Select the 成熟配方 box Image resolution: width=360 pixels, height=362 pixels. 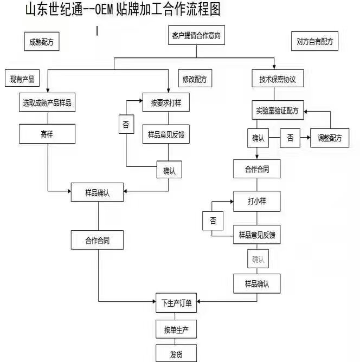point(41,41)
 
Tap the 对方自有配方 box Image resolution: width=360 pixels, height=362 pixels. point(314,41)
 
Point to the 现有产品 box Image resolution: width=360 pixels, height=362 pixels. point(22,79)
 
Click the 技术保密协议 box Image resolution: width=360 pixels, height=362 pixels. point(278,79)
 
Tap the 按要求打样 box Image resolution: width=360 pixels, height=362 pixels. point(165,102)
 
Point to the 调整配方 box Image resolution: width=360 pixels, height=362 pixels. point(330,138)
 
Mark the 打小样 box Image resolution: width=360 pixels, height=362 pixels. point(256,201)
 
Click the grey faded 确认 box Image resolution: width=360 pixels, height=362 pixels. point(258,259)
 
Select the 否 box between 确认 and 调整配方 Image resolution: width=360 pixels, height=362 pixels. point(291,138)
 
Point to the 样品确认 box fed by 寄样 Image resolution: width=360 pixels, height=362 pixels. point(98,193)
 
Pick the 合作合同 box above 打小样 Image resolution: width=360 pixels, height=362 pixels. point(256,169)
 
